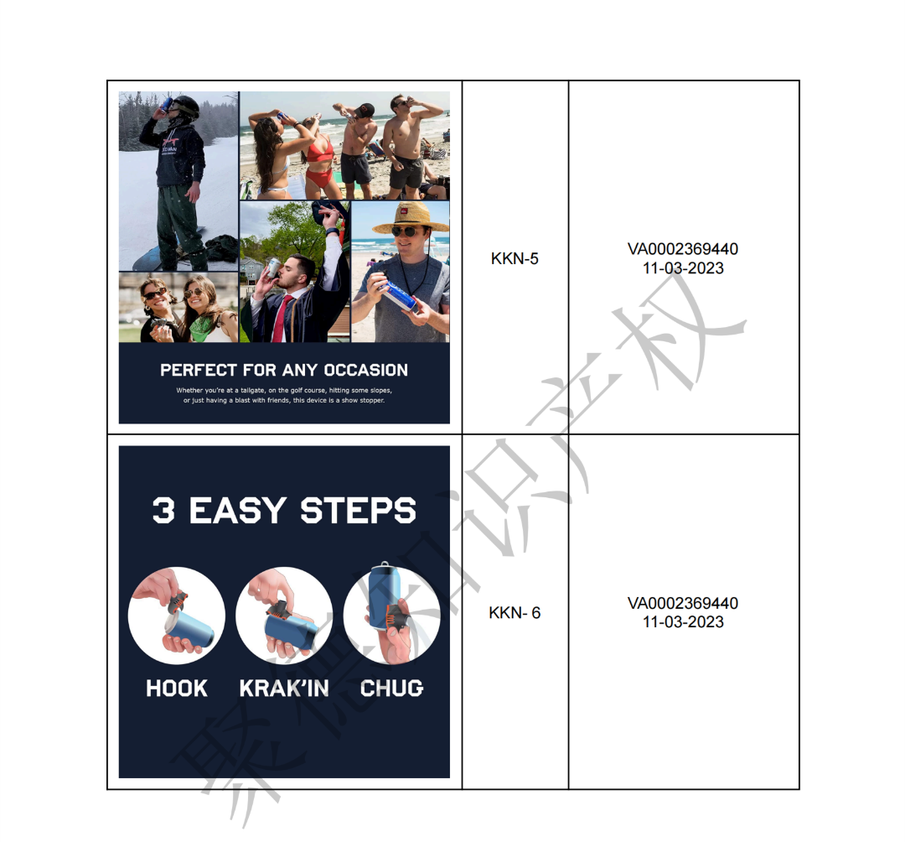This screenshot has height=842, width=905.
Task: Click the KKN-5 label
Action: click(x=515, y=258)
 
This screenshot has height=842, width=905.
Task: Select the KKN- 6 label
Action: click(x=515, y=613)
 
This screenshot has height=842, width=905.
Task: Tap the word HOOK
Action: click(x=177, y=689)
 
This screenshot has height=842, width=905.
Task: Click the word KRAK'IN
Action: click(x=284, y=688)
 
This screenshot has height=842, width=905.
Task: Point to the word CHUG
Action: click(x=392, y=689)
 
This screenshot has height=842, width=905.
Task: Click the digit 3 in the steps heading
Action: click(x=163, y=511)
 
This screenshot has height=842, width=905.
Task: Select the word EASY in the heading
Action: click(x=237, y=511)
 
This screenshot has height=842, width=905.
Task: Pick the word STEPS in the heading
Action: click(x=358, y=511)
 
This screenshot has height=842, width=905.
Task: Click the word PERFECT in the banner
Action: click(x=198, y=370)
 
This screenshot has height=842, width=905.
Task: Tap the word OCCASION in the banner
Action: click(x=366, y=370)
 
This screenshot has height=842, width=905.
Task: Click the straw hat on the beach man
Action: click(x=411, y=218)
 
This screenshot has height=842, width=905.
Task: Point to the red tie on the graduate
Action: click(x=280, y=318)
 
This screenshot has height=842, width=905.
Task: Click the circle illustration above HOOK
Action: click(x=177, y=616)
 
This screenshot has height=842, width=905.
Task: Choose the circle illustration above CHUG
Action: click(x=392, y=616)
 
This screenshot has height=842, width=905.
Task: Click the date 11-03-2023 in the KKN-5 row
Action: click(x=684, y=268)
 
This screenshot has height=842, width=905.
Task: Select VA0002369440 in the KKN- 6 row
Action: click(x=683, y=604)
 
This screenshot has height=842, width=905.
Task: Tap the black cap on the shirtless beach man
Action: click(x=365, y=109)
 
